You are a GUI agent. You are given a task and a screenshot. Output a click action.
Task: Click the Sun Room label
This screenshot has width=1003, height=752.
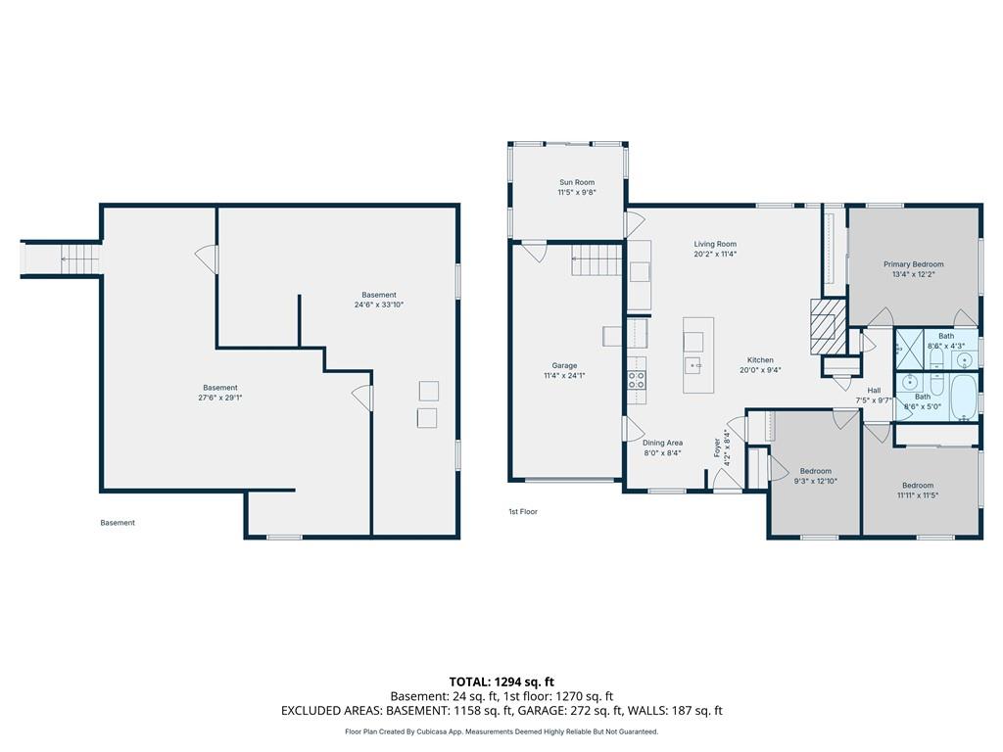(576, 182)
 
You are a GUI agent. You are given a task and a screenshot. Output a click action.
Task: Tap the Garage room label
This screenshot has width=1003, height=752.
(564, 366)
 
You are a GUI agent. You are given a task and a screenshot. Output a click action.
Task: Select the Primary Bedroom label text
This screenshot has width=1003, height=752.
(914, 264)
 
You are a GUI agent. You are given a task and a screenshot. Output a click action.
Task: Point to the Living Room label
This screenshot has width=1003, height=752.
(715, 244)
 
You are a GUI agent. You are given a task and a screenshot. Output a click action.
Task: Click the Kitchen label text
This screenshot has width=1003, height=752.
(760, 360)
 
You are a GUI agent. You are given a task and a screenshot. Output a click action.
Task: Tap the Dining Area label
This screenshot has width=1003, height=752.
(663, 443)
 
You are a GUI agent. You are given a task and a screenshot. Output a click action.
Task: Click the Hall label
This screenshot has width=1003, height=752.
(874, 391)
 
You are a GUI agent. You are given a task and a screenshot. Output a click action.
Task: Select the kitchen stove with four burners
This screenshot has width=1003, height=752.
(636, 381)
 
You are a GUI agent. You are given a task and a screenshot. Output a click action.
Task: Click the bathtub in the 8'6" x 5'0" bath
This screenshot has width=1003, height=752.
(964, 398)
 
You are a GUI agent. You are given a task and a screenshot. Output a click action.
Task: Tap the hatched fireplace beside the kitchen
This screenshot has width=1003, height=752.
(823, 327)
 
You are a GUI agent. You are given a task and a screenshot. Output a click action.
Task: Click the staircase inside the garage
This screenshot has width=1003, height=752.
(597, 261)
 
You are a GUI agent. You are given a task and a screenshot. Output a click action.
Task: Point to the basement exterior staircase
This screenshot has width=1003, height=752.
(62, 258)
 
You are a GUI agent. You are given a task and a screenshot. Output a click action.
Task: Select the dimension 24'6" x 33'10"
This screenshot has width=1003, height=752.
(379, 305)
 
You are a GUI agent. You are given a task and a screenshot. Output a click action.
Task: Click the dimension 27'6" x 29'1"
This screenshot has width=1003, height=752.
(220, 398)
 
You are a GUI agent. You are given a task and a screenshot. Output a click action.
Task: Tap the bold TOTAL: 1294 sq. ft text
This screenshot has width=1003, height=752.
(501, 681)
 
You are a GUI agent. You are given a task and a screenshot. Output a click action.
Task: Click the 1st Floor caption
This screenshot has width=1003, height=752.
(523, 511)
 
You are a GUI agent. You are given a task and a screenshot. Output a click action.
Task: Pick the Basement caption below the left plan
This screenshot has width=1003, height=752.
(118, 523)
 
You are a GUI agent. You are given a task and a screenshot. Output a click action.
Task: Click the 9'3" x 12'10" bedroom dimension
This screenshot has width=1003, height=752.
(816, 481)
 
